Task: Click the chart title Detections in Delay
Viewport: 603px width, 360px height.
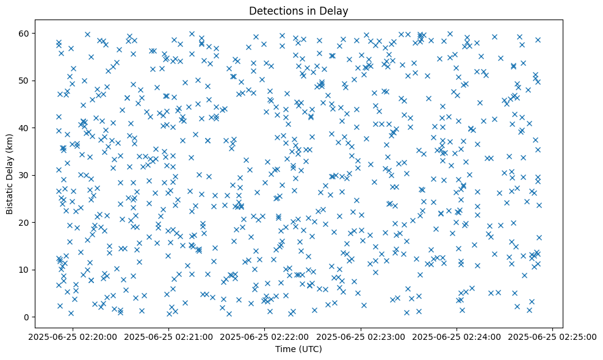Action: coord(299,10)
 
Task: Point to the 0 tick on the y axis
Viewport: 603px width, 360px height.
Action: coord(27,317)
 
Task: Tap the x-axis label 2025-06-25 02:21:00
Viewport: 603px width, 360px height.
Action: coord(170,336)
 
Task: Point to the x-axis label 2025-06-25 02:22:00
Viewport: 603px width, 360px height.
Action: coord(265,336)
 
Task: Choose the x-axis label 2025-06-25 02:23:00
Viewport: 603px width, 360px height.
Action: coord(361,336)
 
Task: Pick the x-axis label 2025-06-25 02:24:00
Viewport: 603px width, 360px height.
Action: coord(457,336)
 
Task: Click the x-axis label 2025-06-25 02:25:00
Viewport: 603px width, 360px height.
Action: coord(552,336)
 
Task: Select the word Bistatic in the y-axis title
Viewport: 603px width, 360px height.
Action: coord(10,196)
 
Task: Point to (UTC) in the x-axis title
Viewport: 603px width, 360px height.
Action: coord(310,349)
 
